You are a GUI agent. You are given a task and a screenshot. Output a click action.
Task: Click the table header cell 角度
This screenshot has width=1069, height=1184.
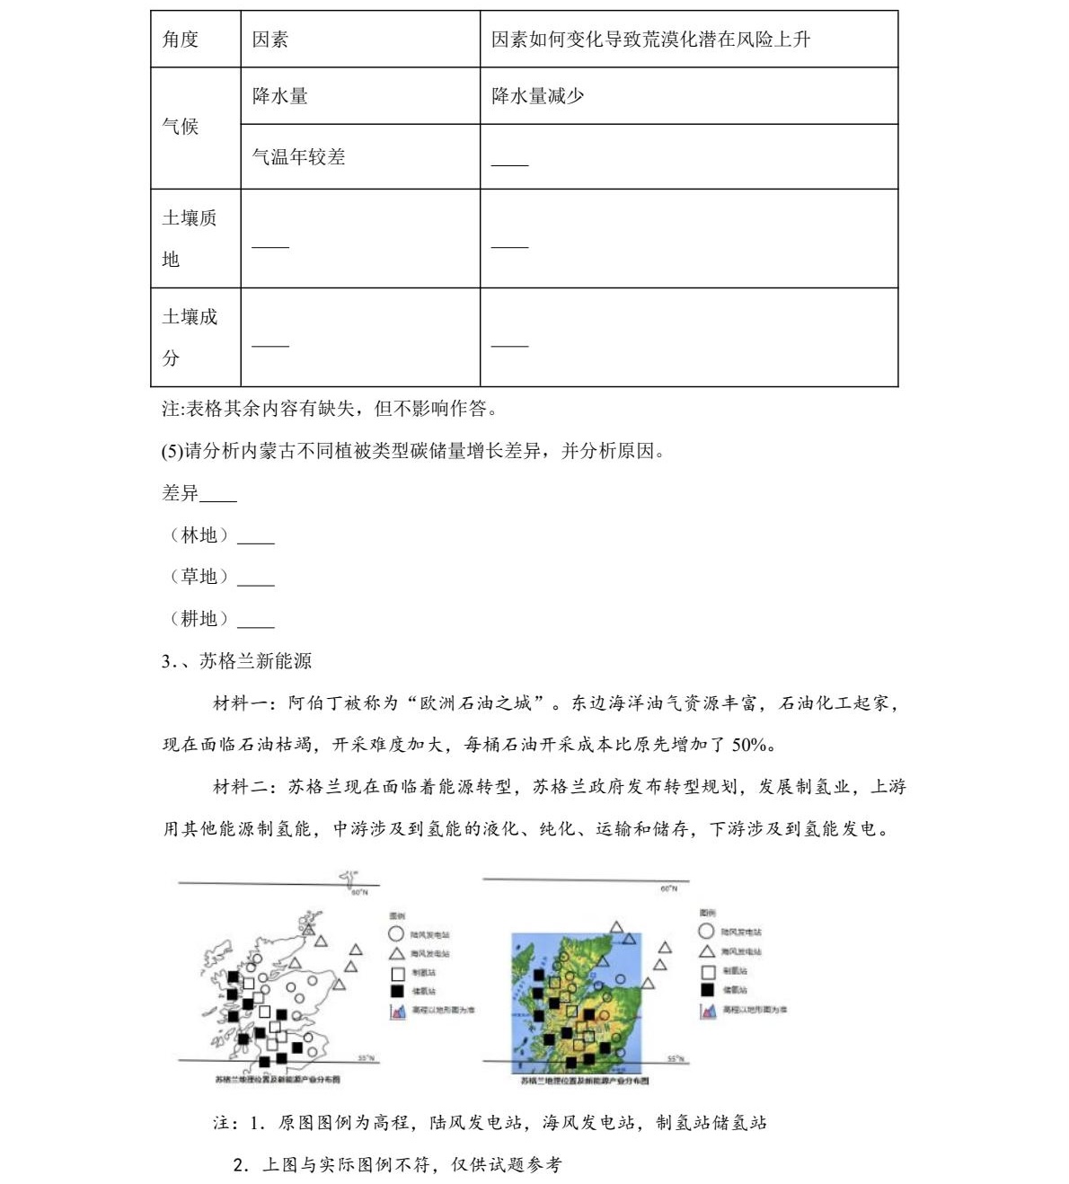[181, 40]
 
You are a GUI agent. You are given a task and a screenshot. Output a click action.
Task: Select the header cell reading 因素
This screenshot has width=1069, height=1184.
[270, 40]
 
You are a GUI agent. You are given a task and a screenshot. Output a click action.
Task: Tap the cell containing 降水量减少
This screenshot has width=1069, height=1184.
[537, 96]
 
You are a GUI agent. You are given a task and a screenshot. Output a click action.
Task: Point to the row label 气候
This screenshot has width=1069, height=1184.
[181, 127]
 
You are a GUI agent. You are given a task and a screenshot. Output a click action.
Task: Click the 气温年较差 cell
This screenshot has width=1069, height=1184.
[299, 157]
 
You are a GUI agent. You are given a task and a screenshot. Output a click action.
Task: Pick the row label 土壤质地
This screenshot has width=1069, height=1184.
[189, 238]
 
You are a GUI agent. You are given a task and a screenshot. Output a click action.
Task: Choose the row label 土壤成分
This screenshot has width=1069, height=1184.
[189, 337]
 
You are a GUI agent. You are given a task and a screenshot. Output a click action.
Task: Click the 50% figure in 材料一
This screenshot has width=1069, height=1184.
[750, 745]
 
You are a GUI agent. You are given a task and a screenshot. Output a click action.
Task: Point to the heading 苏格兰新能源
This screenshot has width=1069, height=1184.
[255, 661]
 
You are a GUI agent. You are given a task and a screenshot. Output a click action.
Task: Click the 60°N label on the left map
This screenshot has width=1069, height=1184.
[359, 892]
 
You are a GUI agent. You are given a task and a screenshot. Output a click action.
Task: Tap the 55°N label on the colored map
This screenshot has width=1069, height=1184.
[676, 1059]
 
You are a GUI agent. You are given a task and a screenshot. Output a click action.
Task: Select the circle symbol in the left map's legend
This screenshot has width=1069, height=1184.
[396, 934]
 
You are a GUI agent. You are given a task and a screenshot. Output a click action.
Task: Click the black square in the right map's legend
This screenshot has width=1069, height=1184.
[707, 989]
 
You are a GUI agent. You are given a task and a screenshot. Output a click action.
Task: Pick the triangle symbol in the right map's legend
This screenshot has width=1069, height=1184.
[707, 951]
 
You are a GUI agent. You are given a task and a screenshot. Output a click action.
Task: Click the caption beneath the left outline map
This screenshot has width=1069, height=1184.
[277, 1079]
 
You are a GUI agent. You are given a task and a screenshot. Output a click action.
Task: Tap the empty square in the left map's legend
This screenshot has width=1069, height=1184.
[397, 973]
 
